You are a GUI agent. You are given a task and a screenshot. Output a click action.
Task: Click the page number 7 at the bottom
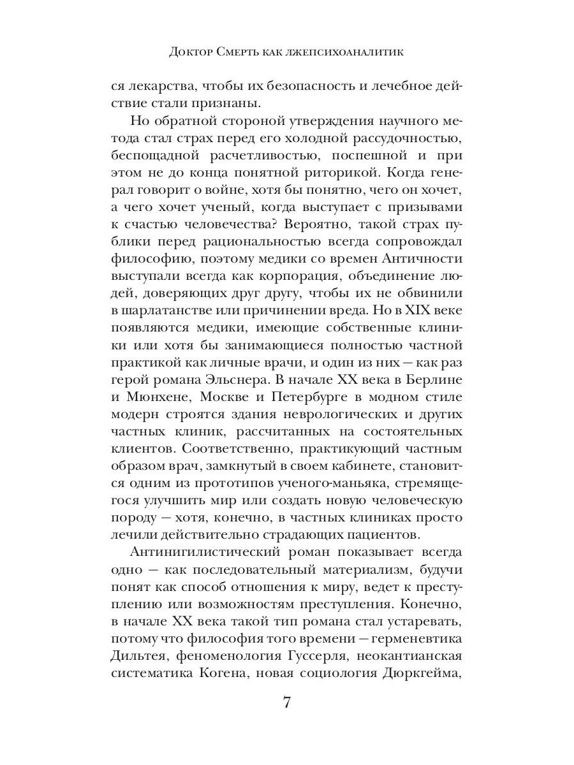(286, 704)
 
